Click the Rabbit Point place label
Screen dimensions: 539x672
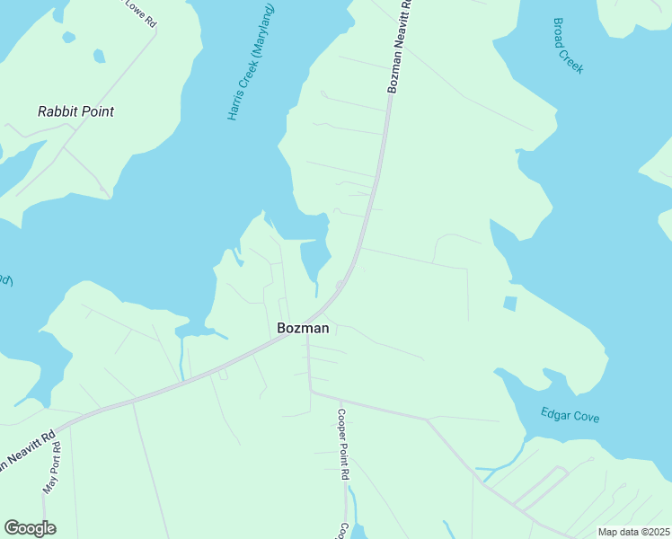pos(75,111)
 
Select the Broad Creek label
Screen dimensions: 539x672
pos(569,45)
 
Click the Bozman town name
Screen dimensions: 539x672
pos(303,328)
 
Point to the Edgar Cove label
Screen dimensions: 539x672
pos(570,416)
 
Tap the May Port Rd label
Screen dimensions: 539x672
pos(50,468)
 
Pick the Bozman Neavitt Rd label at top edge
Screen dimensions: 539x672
pos(399,45)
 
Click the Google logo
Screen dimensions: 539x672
pos(31,528)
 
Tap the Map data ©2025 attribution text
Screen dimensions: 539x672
pos(632,532)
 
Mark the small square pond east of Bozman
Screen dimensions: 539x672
pos(510,304)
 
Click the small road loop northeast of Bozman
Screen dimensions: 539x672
pos(340,285)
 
